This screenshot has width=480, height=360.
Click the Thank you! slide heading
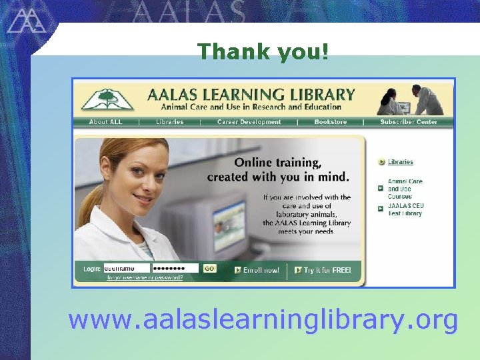click(263, 51)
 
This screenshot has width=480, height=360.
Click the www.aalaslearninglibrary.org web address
click(263, 320)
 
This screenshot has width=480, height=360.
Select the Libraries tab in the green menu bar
click(169, 122)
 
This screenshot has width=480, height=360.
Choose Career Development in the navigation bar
click(249, 122)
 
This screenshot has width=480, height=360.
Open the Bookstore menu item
click(330, 122)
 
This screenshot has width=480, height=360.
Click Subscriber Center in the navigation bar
click(409, 122)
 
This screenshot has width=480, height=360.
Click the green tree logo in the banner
click(107, 99)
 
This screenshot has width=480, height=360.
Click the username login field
click(127, 269)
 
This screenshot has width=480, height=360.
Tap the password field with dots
click(175, 269)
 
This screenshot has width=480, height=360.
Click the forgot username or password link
click(145, 277)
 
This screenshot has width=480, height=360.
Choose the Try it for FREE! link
click(327, 270)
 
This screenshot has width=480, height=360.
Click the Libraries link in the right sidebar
click(400, 162)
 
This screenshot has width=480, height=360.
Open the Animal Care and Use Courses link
click(405, 189)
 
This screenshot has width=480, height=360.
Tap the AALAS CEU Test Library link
click(405, 209)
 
